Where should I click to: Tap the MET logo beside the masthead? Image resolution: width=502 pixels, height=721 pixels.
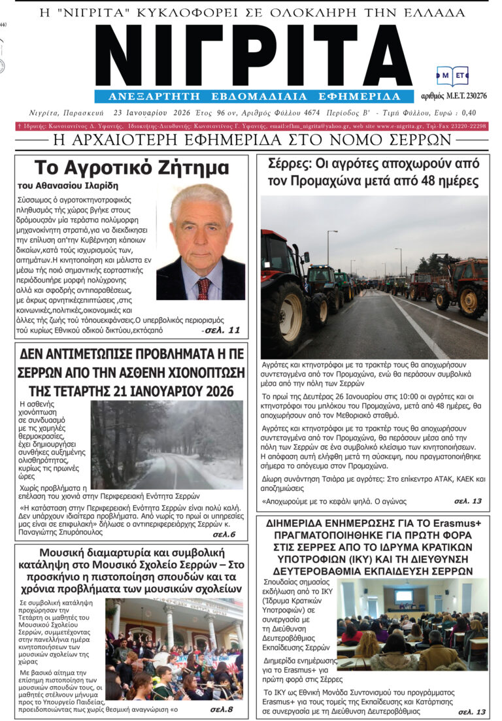(x=452, y=76)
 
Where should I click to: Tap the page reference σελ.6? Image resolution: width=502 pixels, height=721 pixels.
(x=224, y=534)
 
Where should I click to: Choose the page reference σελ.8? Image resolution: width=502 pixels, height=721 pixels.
(x=222, y=709)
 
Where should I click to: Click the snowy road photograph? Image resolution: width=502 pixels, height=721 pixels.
(x=166, y=436)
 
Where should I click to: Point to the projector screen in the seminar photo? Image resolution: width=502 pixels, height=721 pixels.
(x=403, y=595)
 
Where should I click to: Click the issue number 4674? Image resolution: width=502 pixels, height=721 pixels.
(x=318, y=112)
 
